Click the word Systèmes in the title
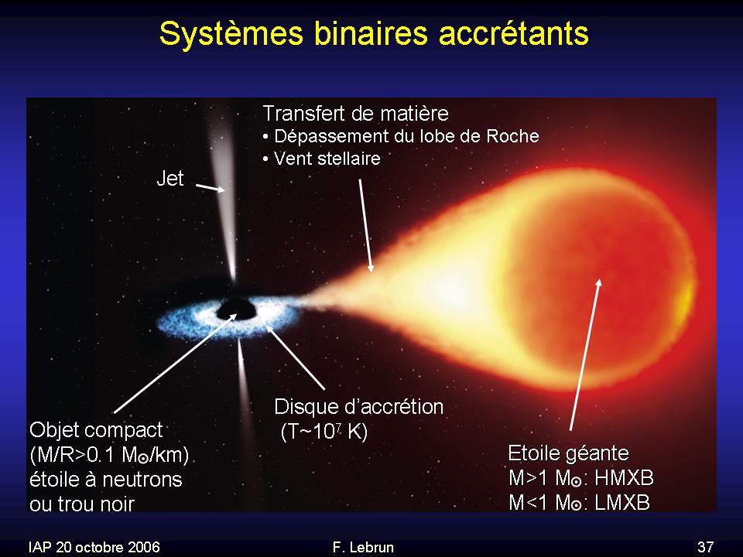(231, 33)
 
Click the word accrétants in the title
(514, 33)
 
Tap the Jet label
(170, 179)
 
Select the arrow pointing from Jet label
(211, 187)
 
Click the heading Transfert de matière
(355, 113)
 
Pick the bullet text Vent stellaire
(327, 158)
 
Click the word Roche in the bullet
(512, 136)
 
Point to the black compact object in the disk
(237, 309)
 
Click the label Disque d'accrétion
(358, 407)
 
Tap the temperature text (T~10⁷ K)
(324, 432)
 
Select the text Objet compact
(96, 430)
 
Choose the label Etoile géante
(568, 453)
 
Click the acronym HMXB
(624, 478)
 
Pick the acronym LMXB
(621, 503)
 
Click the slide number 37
(705, 547)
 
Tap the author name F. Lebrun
(363, 547)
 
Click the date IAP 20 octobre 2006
(94, 547)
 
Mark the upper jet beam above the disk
(224, 199)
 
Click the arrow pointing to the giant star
(585, 355)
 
